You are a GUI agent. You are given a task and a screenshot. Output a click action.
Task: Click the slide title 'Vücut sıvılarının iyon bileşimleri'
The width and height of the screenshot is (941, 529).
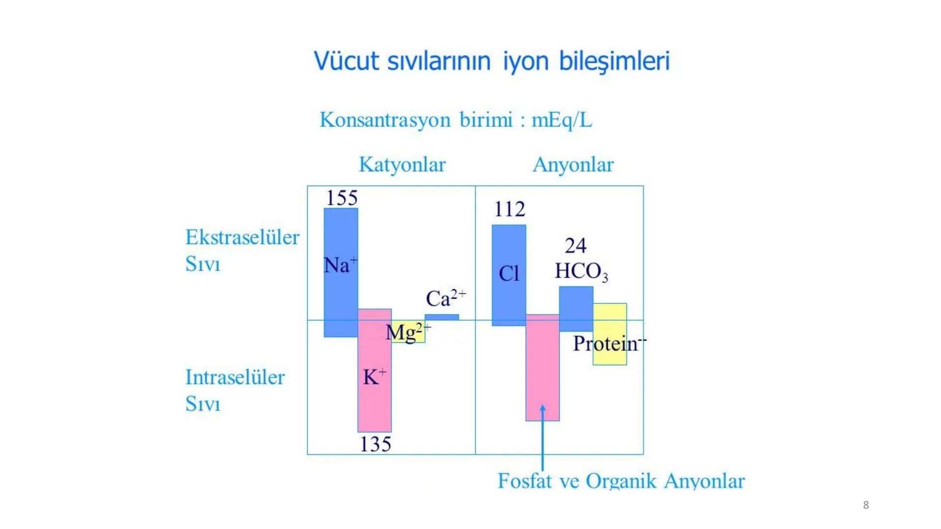tap(492, 62)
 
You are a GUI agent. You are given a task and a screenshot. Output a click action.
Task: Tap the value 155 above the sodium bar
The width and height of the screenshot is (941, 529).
tap(342, 198)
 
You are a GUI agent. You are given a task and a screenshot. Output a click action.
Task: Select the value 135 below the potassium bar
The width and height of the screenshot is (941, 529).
tap(375, 444)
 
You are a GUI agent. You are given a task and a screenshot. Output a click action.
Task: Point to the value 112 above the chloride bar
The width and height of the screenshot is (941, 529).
tap(510, 209)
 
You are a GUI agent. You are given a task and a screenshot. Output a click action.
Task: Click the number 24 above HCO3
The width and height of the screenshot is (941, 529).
tap(575, 245)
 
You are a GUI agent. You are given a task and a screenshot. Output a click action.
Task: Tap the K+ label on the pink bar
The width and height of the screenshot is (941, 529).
tap(374, 377)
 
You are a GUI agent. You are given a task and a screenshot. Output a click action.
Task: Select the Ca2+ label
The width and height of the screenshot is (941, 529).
tap(446, 298)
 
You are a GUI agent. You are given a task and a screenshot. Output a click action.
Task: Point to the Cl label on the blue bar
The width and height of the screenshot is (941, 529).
tap(509, 273)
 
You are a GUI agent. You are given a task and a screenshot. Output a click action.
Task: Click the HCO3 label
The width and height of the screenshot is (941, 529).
tap(581, 271)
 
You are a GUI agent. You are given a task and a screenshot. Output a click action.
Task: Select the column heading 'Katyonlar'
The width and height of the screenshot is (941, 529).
tap(402, 165)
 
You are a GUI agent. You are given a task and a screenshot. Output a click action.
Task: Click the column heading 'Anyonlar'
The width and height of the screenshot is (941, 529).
tap(573, 165)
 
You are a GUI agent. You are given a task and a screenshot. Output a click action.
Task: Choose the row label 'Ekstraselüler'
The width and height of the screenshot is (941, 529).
tap(242, 238)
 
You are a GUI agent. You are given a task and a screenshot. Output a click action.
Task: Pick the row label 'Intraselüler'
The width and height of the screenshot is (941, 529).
tap(235, 377)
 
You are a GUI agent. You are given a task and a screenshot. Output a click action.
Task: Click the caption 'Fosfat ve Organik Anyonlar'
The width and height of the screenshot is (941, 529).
tap(621, 481)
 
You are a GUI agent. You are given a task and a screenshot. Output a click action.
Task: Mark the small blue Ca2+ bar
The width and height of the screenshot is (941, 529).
tap(442, 317)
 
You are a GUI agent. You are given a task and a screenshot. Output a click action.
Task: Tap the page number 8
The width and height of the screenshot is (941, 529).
tap(866, 505)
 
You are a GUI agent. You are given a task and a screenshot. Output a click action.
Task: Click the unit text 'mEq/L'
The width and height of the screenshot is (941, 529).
tap(562, 120)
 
